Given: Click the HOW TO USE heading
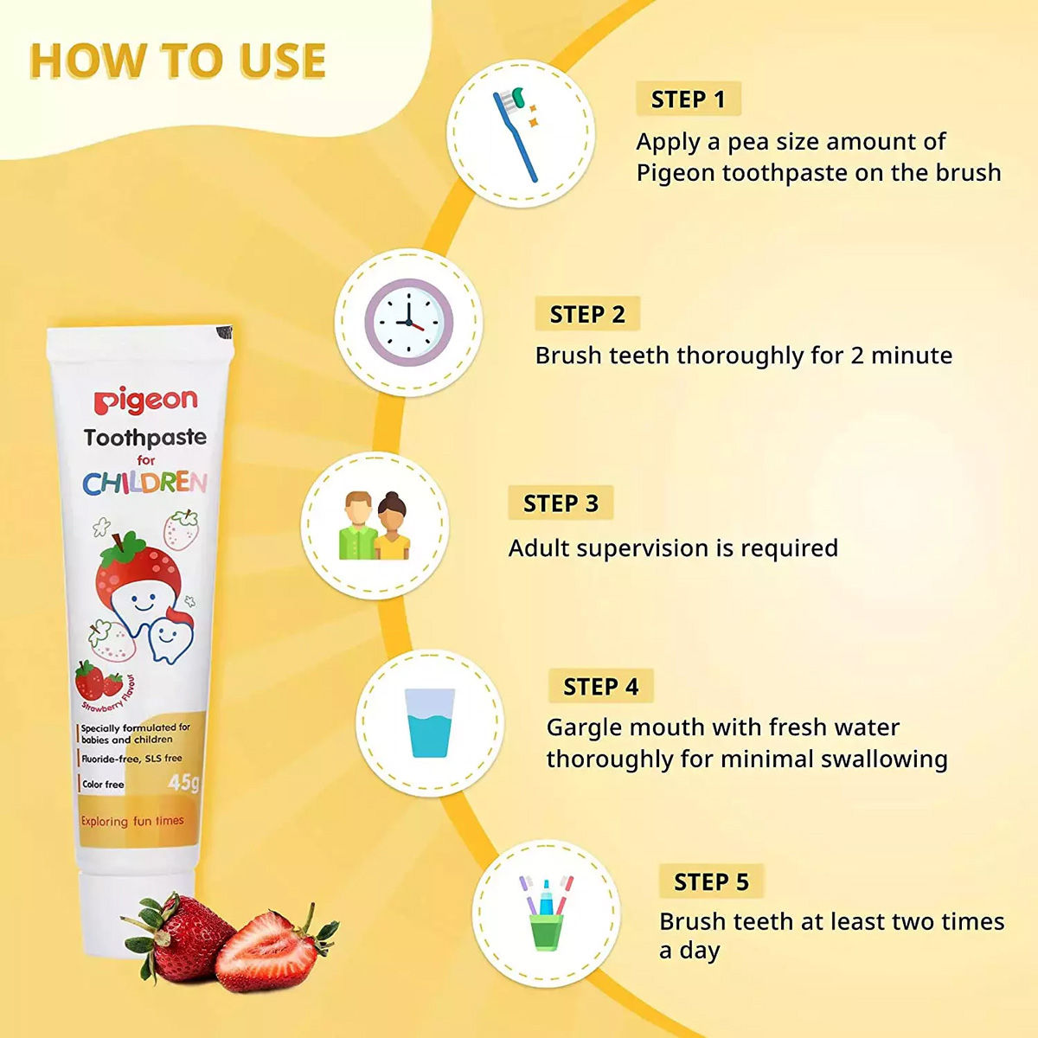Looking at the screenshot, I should coord(177,61).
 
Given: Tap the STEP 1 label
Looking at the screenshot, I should coord(688,99).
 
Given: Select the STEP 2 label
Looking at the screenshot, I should coord(587,314).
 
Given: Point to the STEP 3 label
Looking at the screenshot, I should coord(561,503).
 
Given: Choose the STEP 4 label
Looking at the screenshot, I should coord(600,687).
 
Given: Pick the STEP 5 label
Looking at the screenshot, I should coord(711,881).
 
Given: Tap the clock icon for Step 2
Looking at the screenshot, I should coord(408,322).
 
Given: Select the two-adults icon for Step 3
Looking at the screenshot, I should coord(375,526).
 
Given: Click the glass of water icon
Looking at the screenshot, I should coord(429,723).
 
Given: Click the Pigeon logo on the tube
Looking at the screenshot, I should coord(145,400).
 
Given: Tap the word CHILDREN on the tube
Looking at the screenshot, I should coord(145,483).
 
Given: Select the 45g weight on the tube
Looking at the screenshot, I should coord(183,783).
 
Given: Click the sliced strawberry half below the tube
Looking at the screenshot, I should coord(270,951).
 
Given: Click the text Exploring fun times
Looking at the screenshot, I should coord(132,821).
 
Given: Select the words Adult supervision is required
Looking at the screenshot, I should coord(673,548).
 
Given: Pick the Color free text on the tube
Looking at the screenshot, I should coord(103,785).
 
